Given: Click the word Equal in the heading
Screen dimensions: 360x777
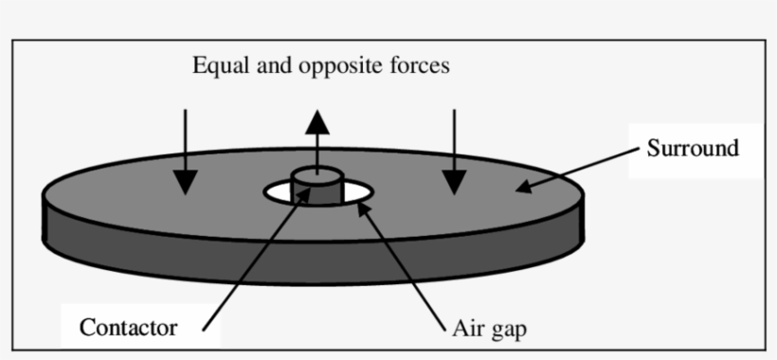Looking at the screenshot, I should coord(217,67).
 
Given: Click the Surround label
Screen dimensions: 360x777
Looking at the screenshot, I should coord(692,149).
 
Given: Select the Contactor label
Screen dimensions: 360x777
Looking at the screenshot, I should coord(128,329).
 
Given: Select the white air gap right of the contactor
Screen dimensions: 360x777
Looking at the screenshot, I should coord(355,193).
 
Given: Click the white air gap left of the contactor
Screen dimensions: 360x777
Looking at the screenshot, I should coord(280,193).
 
